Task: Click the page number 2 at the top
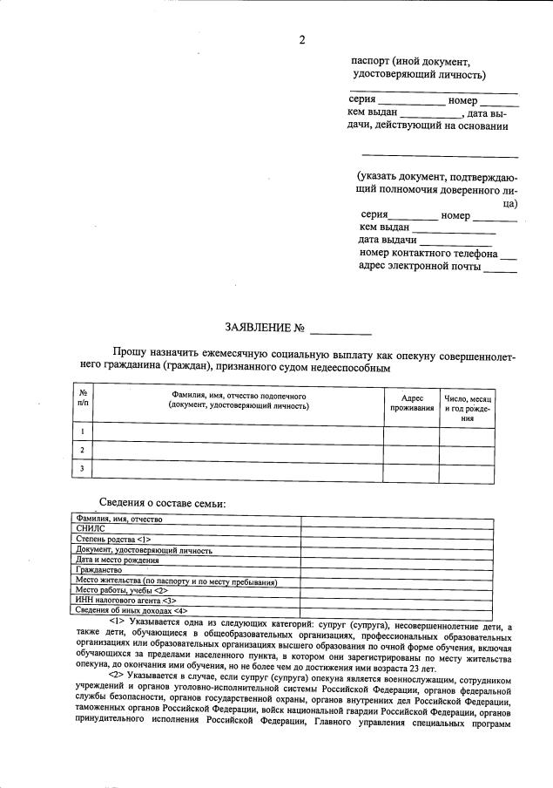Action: (301, 40)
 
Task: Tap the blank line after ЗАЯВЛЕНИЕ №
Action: (341, 330)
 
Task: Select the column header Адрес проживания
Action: (412, 403)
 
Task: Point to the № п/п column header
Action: (83, 397)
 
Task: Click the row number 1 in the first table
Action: (83, 431)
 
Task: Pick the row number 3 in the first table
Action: (83, 469)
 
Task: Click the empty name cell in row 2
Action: (238, 450)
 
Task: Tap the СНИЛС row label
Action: (91, 528)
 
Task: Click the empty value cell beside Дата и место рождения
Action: (396, 560)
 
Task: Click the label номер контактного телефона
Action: (428, 254)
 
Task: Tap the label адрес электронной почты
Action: (419, 267)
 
